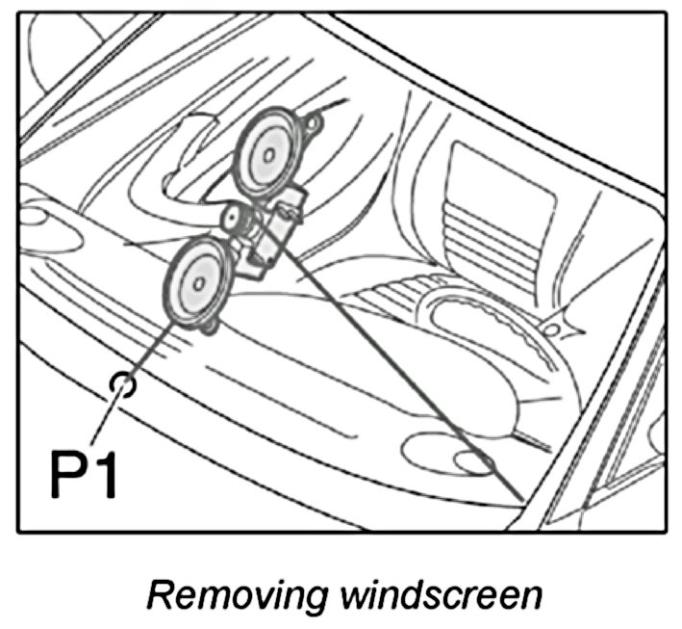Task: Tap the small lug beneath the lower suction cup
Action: point(210,331)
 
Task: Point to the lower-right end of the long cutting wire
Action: point(519,498)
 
